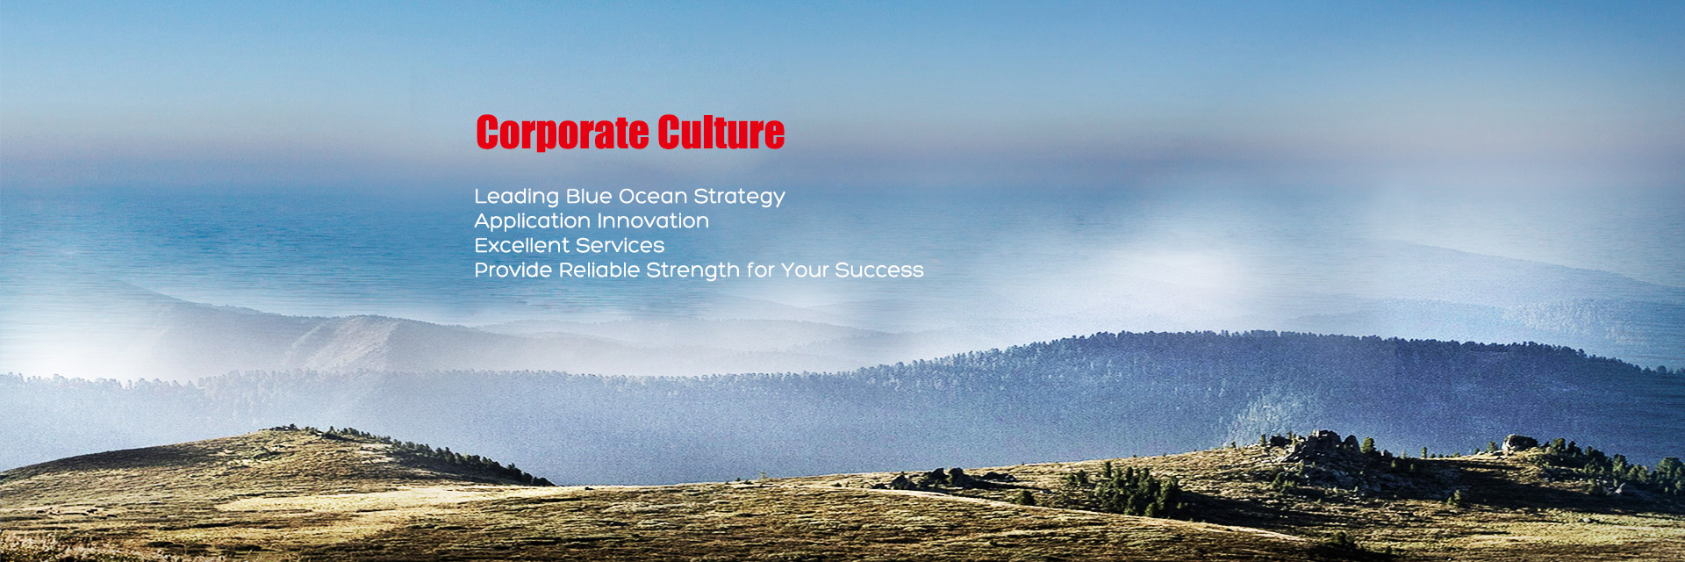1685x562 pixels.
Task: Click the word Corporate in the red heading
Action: [563, 133]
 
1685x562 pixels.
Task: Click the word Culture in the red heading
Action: [721, 132]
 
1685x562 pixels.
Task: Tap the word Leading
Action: [517, 197]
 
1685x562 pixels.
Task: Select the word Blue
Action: [589, 196]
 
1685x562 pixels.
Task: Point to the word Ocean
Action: [653, 196]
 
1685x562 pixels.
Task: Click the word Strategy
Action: [740, 197]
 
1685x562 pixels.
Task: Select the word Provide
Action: [513, 270]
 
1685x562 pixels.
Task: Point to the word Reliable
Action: [599, 270]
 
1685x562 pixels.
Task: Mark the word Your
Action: [805, 270]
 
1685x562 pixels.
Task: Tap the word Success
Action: [879, 270]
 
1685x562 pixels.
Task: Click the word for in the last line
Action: [761, 270]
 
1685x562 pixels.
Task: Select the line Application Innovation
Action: [592, 221]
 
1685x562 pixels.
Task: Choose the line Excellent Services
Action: [570, 245]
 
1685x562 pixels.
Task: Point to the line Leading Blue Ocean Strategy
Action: [630, 197]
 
